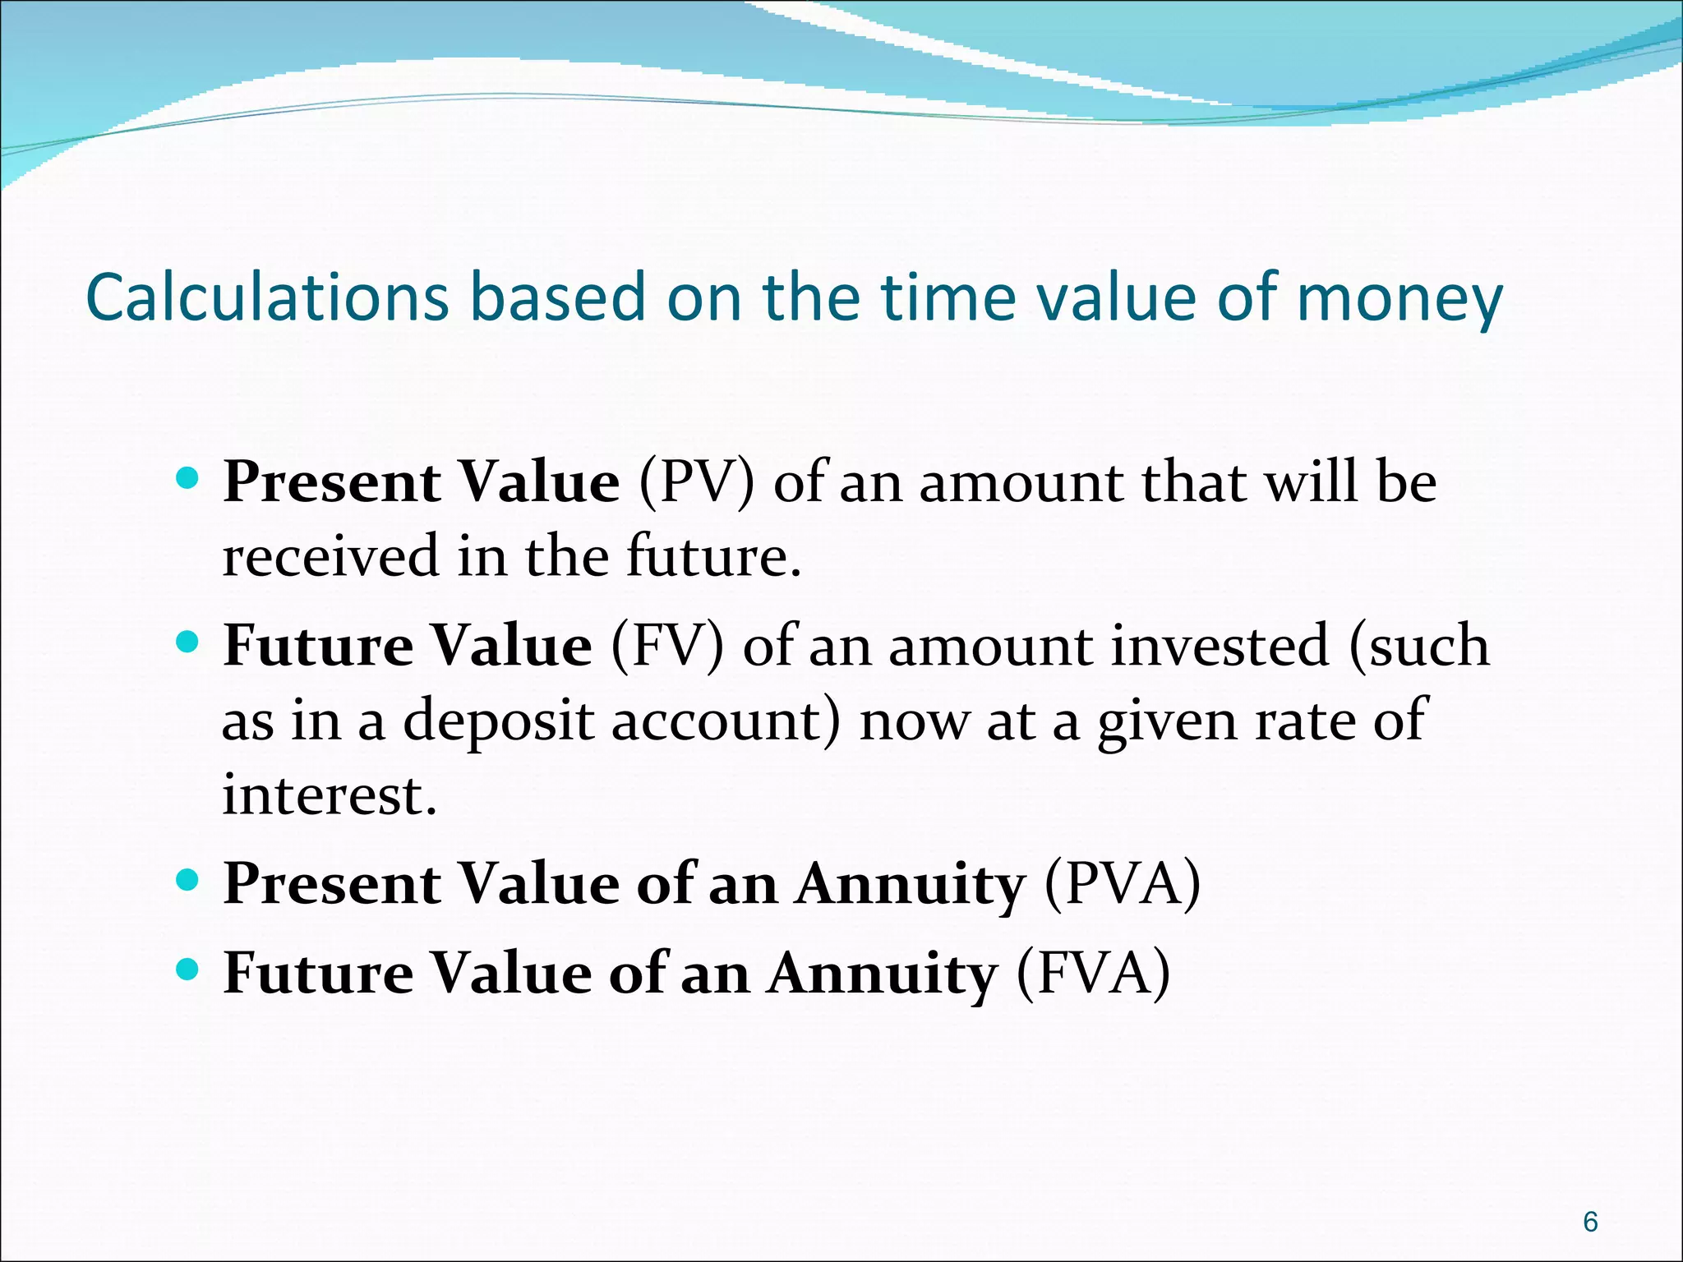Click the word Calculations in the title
point(267,297)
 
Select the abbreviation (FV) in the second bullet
point(667,646)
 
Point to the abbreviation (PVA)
point(1122,884)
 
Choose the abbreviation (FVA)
point(1093,974)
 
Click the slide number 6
point(1590,1222)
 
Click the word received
point(330,557)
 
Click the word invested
point(1220,646)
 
